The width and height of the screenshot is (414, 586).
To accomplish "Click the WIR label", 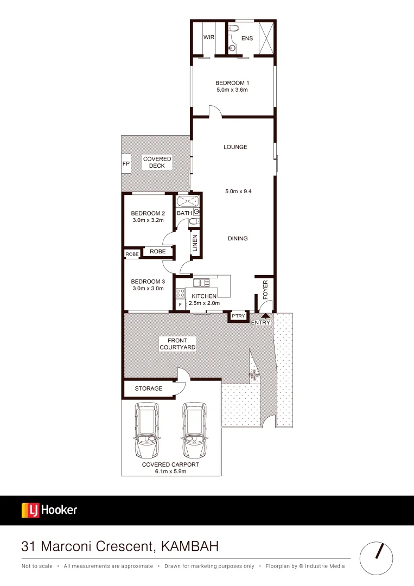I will click(x=209, y=37).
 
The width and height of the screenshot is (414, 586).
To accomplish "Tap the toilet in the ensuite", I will click(x=234, y=28).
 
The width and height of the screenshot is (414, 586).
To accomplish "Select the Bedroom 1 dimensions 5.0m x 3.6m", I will click(x=232, y=90).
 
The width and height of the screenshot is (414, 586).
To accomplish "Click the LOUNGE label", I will click(x=235, y=147).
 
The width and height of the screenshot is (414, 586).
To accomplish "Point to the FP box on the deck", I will click(x=126, y=163).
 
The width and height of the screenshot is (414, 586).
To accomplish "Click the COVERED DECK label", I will click(x=157, y=162).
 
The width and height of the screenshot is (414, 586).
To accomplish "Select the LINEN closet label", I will click(x=195, y=244).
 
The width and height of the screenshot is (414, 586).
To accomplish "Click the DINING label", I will click(x=238, y=238).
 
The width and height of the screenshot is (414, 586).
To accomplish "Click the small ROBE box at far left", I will click(x=132, y=254).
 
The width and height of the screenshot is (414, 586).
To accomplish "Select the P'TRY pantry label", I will click(x=237, y=316).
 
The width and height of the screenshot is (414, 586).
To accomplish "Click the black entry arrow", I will click(x=265, y=314).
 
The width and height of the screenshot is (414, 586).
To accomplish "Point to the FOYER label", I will click(x=265, y=290).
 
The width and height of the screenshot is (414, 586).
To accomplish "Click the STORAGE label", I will click(x=149, y=388).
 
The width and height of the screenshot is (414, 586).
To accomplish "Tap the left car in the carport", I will click(x=148, y=430).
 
